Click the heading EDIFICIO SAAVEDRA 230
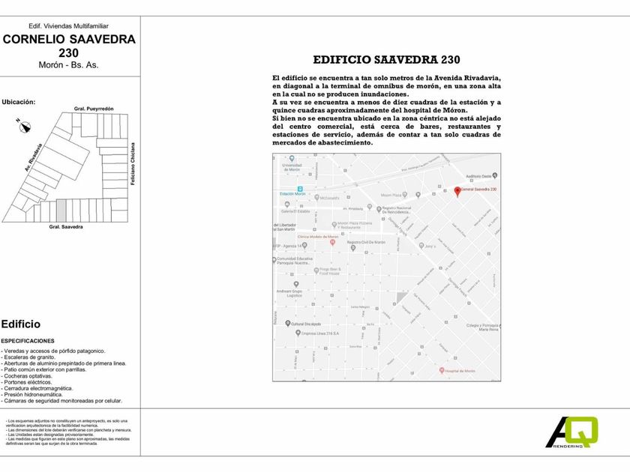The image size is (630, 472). (x=386, y=60)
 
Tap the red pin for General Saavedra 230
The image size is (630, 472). (x=457, y=190)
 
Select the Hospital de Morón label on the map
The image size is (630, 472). (x=460, y=371)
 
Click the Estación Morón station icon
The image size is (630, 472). (x=299, y=188)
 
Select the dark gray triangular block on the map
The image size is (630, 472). (x=401, y=298)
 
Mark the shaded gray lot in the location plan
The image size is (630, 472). (x=61, y=210)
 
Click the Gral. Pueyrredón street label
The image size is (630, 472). (x=94, y=109)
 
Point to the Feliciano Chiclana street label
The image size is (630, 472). (x=132, y=165)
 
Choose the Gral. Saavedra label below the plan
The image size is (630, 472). (x=66, y=226)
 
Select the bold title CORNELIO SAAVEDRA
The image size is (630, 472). (x=69, y=40)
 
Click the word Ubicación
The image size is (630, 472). (x=19, y=101)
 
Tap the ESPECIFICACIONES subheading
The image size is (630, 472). (x=28, y=341)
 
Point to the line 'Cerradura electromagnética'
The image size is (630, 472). (x=37, y=389)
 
